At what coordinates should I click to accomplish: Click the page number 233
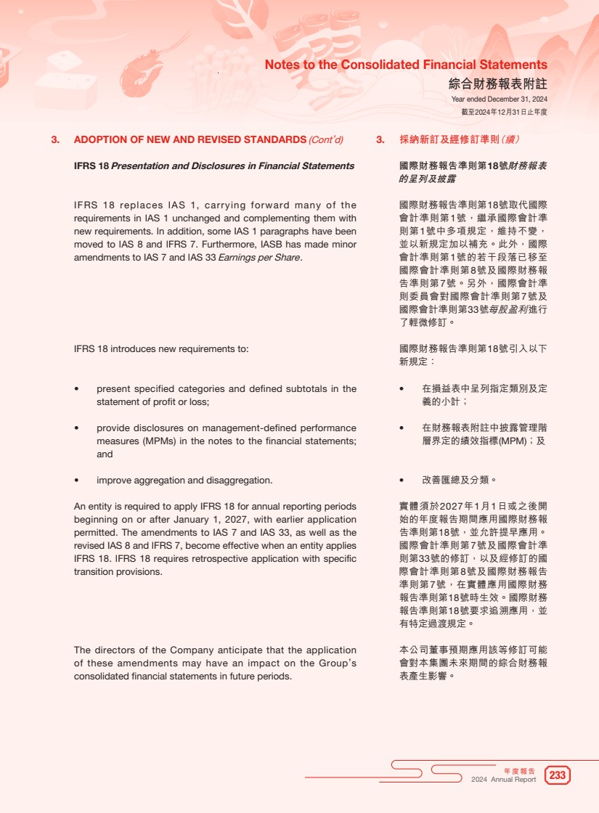tap(557, 775)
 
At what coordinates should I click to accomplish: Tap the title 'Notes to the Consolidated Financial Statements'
tap(406, 65)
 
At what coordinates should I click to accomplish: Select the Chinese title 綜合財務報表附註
tap(498, 83)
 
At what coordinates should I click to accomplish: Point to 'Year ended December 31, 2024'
tap(499, 99)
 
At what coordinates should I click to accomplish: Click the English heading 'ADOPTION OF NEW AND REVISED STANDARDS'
tap(190, 139)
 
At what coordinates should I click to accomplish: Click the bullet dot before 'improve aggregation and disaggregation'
tap(77, 481)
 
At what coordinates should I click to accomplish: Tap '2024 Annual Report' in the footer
tap(503, 780)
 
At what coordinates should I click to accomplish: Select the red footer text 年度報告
tap(519, 771)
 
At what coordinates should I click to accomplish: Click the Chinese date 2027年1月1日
tap(459, 505)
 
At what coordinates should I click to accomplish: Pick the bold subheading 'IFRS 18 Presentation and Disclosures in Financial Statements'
tap(214, 166)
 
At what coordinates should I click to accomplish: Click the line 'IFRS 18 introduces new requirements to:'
tap(161, 349)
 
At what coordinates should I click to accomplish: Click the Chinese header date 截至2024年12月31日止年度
tap(504, 113)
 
